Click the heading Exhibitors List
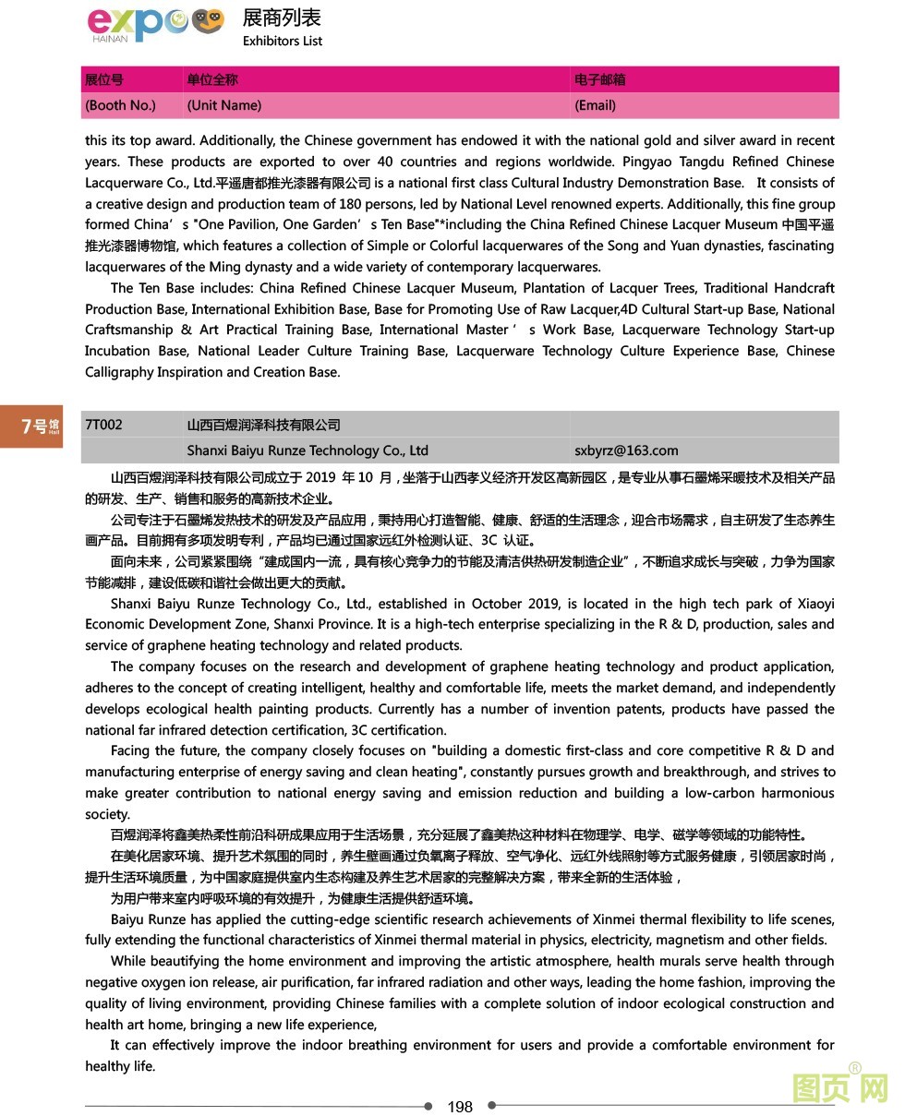point(283,41)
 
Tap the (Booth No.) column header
point(120,105)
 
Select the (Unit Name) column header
point(223,105)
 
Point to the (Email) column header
point(595,105)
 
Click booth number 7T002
point(103,425)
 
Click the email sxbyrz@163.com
point(626,450)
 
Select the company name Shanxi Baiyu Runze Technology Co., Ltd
point(308,450)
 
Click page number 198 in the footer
point(459,1106)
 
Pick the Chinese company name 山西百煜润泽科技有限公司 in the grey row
point(263,425)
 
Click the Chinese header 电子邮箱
point(599,79)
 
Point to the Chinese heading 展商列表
point(282,17)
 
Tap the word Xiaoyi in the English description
point(814,604)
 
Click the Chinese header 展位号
point(103,79)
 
